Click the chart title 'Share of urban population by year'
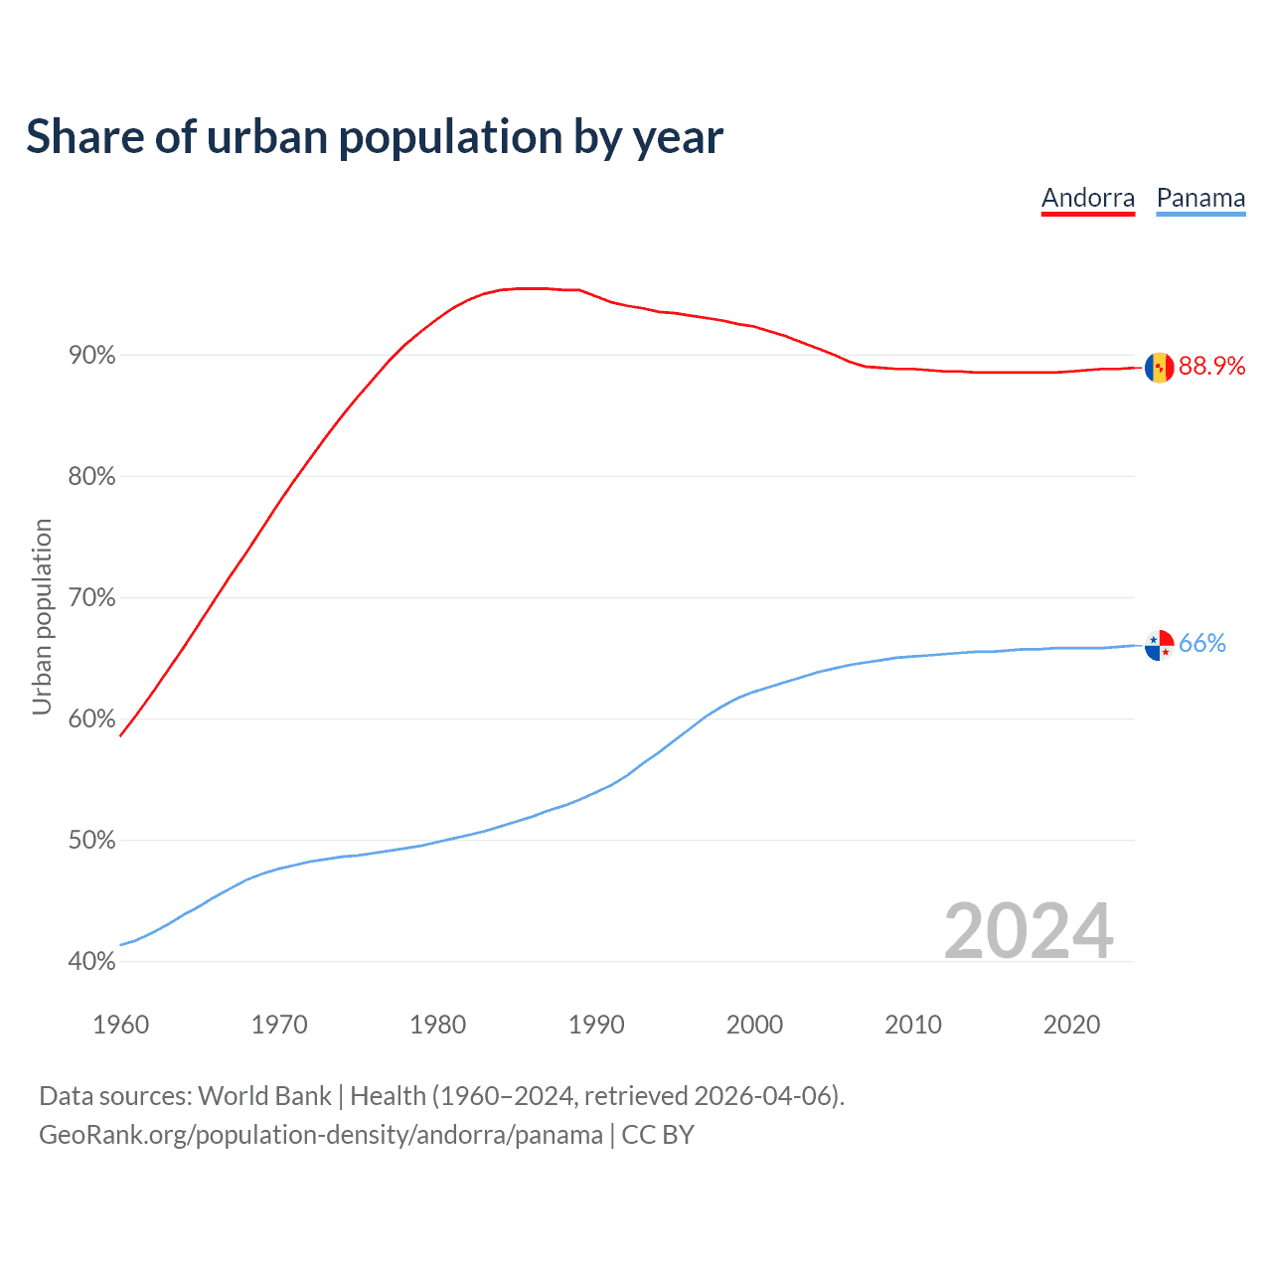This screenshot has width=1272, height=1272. pyautogui.click(x=375, y=137)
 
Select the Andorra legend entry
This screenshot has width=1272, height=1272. pyautogui.click(x=1087, y=198)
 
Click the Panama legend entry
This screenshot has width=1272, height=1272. pyautogui.click(x=1200, y=198)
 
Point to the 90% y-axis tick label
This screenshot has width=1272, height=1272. pyautogui.click(x=91, y=356)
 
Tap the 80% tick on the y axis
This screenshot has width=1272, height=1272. pyautogui.click(x=91, y=477)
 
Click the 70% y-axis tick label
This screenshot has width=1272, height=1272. pyautogui.click(x=91, y=598)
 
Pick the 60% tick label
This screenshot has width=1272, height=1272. pyautogui.click(x=91, y=719)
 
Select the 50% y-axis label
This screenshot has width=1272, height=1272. pyautogui.click(x=91, y=841)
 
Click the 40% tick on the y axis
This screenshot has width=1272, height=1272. pyautogui.click(x=91, y=962)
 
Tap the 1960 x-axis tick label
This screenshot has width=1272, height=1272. pyautogui.click(x=120, y=1025)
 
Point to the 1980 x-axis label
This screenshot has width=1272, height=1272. pyautogui.click(x=437, y=1025)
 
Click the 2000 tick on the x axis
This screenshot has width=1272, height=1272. pyautogui.click(x=754, y=1025)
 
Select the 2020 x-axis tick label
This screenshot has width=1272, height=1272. pyautogui.click(x=1071, y=1025)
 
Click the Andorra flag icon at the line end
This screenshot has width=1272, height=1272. pyautogui.click(x=1159, y=367)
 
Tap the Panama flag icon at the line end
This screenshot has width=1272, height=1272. pyautogui.click(x=1159, y=645)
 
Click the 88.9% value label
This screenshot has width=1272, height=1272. pyautogui.click(x=1211, y=367)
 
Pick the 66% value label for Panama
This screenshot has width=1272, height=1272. pyautogui.click(x=1202, y=644)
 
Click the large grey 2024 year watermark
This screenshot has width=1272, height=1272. pyautogui.click(x=1028, y=931)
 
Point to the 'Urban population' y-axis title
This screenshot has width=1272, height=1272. pyautogui.click(x=42, y=616)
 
